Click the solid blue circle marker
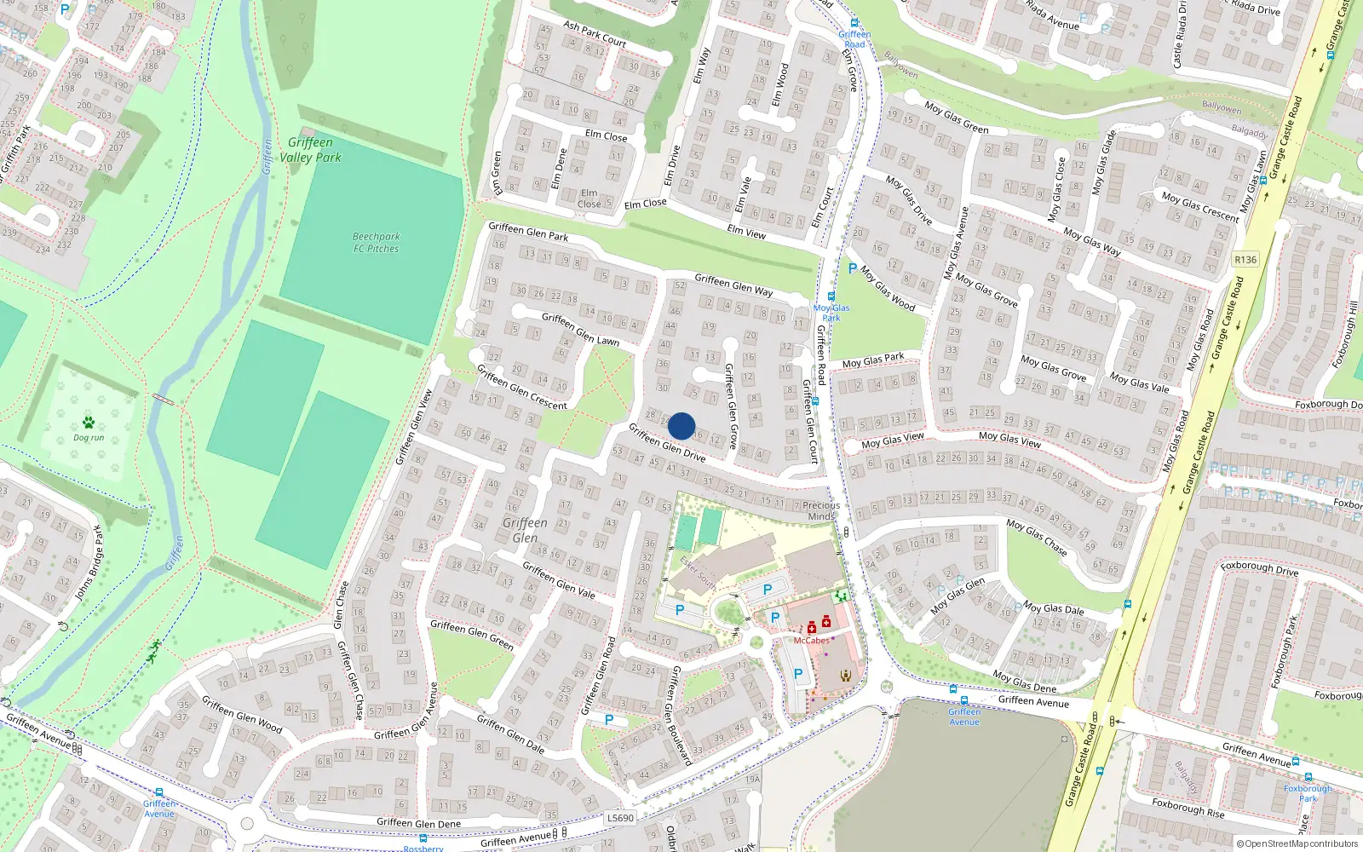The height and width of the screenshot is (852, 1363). click(x=681, y=426)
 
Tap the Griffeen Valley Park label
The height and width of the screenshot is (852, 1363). click(x=310, y=150)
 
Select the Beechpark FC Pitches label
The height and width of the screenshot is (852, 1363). click(x=376, y=243)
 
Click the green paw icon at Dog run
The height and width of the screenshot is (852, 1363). click(x=89, y=423)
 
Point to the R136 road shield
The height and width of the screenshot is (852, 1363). click(x=1245, y=260)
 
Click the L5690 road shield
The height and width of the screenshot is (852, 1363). click(x=620, y=818)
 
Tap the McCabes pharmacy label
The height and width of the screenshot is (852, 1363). click(x=811, y=641)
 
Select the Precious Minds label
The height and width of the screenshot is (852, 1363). click(x=821, y=510)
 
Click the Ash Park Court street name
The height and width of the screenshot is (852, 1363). click(x=595, y=33)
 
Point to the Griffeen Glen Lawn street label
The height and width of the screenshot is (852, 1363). click(x=580, y=329)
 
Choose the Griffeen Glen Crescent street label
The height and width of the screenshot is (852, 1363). click(x=521, y=387)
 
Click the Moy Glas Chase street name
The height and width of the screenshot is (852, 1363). click(x=1037, y=538)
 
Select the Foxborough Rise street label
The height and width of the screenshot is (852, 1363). click(x=1188, y=808)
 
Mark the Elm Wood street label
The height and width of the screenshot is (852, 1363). click(x=779, y=85)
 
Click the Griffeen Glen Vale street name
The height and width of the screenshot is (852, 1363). click(x=559, y=579)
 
